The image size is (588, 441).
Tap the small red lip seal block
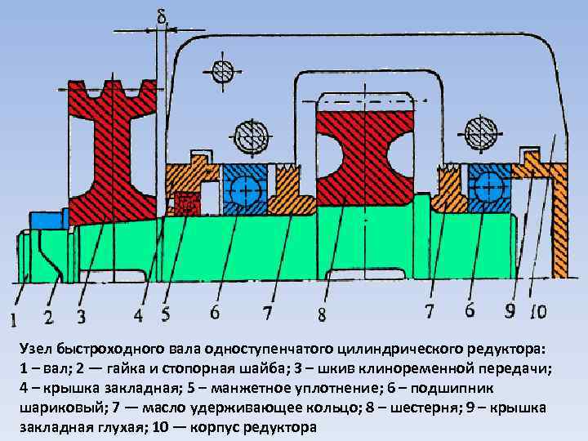point(187,204)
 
